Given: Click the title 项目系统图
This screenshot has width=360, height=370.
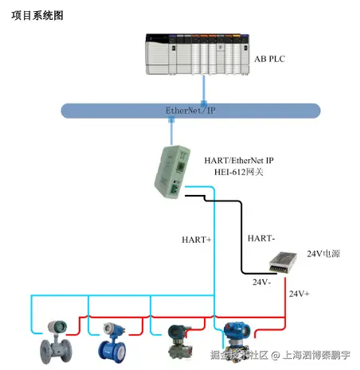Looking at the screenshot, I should coord(38,16).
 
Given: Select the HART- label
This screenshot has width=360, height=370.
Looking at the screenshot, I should coord(261,238).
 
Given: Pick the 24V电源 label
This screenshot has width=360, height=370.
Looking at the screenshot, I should coord(324,254).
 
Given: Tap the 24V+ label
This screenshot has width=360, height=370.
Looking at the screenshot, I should coord(299,294).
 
